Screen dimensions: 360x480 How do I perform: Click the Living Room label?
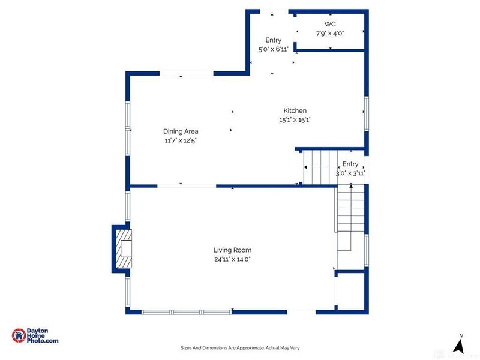pos(232,250)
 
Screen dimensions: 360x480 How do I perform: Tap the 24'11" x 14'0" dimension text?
pos(232,259)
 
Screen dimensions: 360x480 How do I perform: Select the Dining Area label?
pos(181,131)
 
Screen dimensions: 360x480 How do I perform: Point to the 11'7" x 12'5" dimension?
pos(181,140)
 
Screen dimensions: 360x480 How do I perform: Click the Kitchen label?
pos(295,110)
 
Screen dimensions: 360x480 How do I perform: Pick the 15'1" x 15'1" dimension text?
pos(295,119)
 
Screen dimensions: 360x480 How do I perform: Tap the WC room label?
pos(330,24)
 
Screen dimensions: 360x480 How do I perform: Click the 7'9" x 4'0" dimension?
pos(330,33)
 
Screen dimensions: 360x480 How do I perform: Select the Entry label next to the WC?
pos(274,40)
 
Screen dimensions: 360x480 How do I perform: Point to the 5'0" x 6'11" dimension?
pos(274,49)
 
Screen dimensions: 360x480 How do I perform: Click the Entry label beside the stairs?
pos(350,164)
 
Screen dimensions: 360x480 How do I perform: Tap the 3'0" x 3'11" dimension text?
pos(350,173)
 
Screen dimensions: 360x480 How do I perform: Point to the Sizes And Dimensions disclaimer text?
pos(240,347)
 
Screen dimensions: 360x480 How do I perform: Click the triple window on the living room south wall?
pos(187,311)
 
